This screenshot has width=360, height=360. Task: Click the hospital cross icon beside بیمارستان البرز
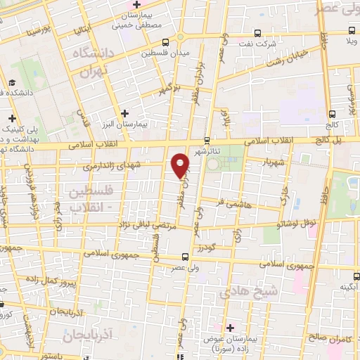click(x=125, y=112)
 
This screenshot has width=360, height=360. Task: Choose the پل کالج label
click(x=328, y=141)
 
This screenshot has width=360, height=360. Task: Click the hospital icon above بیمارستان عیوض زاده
click(x=231, y=327)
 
